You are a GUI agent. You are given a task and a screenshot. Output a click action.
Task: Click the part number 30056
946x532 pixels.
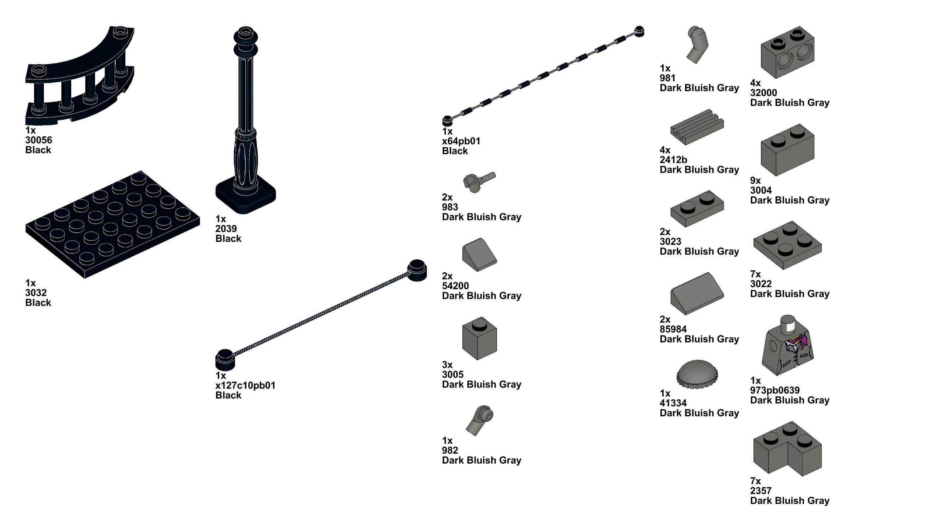(38, 140)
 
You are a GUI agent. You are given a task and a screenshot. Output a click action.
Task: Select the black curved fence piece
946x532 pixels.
(79, 74)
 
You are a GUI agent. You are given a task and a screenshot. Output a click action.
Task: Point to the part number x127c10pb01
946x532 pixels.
(245, 385)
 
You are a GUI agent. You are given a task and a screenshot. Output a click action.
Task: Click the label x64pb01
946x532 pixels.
(461, 141)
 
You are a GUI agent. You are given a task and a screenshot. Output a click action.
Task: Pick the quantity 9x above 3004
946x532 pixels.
(755, 181)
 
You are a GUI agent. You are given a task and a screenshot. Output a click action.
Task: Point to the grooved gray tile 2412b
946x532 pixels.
(697, 126)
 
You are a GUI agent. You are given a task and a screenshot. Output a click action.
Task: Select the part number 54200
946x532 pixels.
(455, 286)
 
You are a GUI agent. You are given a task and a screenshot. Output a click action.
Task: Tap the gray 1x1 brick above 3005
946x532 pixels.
(479, 338)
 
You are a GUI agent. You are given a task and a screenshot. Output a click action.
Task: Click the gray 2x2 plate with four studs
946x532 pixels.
(787, 245)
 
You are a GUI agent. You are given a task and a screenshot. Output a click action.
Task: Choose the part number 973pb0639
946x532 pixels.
(775, 390)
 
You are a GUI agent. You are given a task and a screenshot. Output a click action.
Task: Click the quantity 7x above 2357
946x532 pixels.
(755, 481)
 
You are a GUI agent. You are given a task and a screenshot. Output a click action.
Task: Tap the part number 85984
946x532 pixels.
(673, 329)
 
